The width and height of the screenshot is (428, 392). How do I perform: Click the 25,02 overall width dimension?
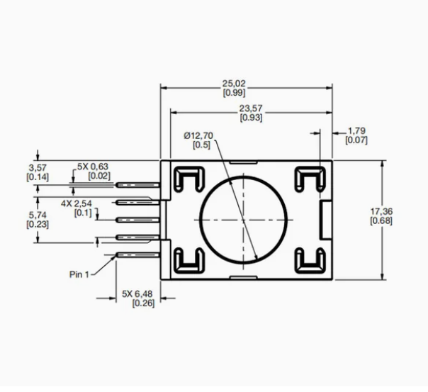234,83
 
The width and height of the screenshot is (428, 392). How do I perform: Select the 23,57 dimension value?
251,108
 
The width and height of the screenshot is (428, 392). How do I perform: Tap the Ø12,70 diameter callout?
198,135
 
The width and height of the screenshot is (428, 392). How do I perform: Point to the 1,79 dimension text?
356,130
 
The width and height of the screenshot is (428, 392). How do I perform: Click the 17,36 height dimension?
381,211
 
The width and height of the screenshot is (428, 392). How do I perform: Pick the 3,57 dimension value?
38,167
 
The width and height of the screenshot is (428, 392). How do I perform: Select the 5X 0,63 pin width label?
93,167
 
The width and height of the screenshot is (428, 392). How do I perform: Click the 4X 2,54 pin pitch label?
77,203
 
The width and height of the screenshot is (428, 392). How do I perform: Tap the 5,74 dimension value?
38,215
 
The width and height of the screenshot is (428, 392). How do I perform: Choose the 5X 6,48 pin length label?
137,294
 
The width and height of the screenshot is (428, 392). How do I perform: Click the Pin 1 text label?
79,274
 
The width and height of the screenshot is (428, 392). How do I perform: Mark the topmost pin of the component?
137,185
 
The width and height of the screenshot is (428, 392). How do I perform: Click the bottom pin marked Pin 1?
137,255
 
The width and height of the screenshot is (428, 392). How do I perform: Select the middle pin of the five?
137,220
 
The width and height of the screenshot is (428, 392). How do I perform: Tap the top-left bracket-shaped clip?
189,179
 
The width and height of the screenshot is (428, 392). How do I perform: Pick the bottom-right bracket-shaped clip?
310,261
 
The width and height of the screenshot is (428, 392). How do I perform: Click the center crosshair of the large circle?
243,220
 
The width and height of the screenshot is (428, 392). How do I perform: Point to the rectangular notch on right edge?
326,220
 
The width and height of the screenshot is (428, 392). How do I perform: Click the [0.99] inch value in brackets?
234,93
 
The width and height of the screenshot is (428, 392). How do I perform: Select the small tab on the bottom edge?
243,278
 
